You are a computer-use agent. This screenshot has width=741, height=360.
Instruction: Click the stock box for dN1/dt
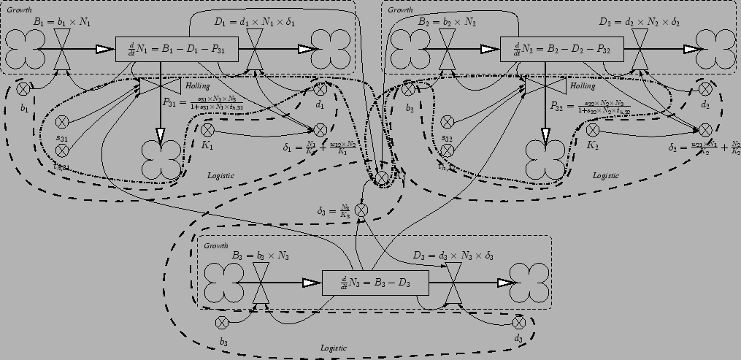click(177, 49)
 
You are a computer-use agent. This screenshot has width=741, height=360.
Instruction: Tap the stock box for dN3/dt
click(375, 282)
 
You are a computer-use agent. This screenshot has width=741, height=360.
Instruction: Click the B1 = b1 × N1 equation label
click(62, 23)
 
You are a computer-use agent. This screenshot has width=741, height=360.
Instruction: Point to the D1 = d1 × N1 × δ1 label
click(255, 23)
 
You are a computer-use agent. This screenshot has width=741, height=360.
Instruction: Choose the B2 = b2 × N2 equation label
click(448, 23)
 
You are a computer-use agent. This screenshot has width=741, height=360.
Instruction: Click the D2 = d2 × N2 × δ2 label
click(639, 23)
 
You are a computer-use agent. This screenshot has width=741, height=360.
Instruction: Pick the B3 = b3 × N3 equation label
click(261, 256)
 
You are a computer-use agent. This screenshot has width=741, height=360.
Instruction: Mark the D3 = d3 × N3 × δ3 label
click(453, 256)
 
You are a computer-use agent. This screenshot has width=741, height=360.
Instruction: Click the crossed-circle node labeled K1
click(207, 130)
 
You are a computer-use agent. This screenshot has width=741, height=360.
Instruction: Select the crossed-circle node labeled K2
click(593, 130)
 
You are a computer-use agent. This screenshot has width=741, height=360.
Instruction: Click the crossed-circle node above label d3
click(519, 322)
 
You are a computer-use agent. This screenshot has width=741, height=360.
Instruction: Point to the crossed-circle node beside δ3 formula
click(361, 210)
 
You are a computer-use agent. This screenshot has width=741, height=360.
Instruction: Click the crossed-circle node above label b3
click(223, 322)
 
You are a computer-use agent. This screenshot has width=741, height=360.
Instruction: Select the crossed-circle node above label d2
click(705, 89)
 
